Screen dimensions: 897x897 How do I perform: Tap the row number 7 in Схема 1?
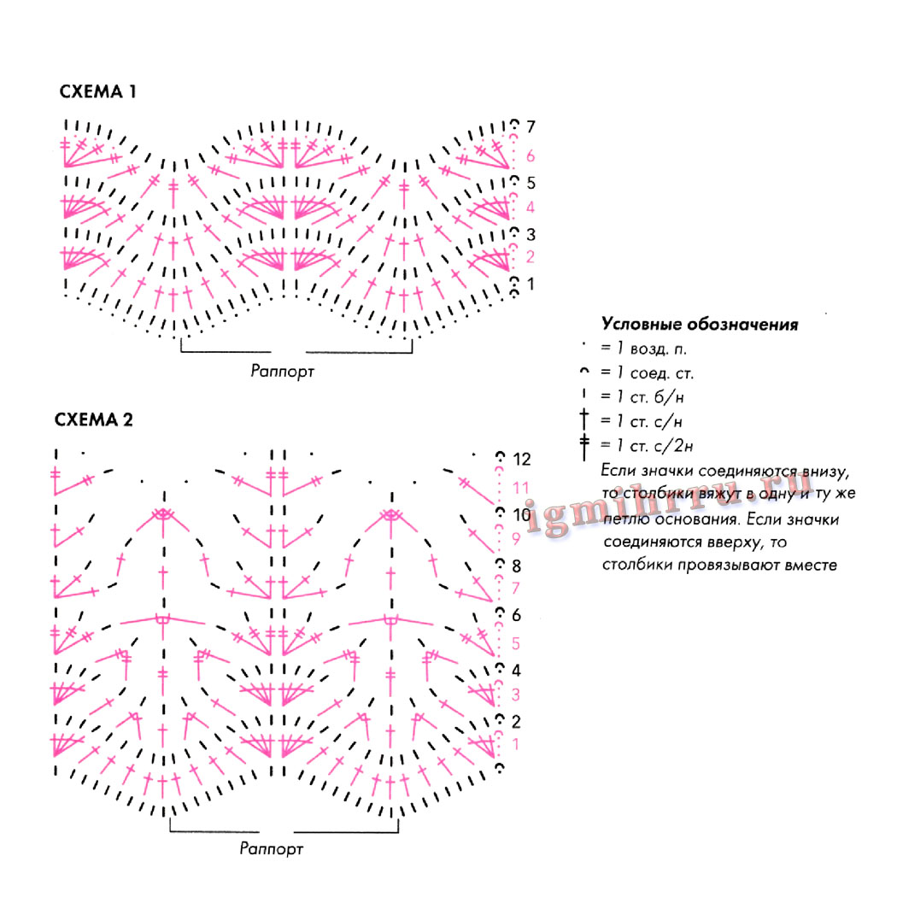click(531, 127)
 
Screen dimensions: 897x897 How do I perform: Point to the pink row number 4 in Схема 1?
click(531, 207)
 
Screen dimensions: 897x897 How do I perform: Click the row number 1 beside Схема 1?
click(531, 283)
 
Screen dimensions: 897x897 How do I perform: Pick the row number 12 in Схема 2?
click(522, 460)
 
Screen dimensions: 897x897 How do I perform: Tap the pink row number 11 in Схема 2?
click(521, 487)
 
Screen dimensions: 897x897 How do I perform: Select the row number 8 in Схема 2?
click(517, 566)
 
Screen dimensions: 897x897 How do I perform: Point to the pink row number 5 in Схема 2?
click(516, 643)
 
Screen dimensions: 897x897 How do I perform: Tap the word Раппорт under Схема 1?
click(283, 371)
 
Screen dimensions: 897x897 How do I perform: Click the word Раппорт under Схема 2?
click(272, 849)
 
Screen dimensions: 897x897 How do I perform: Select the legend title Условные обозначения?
click(700, 325)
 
